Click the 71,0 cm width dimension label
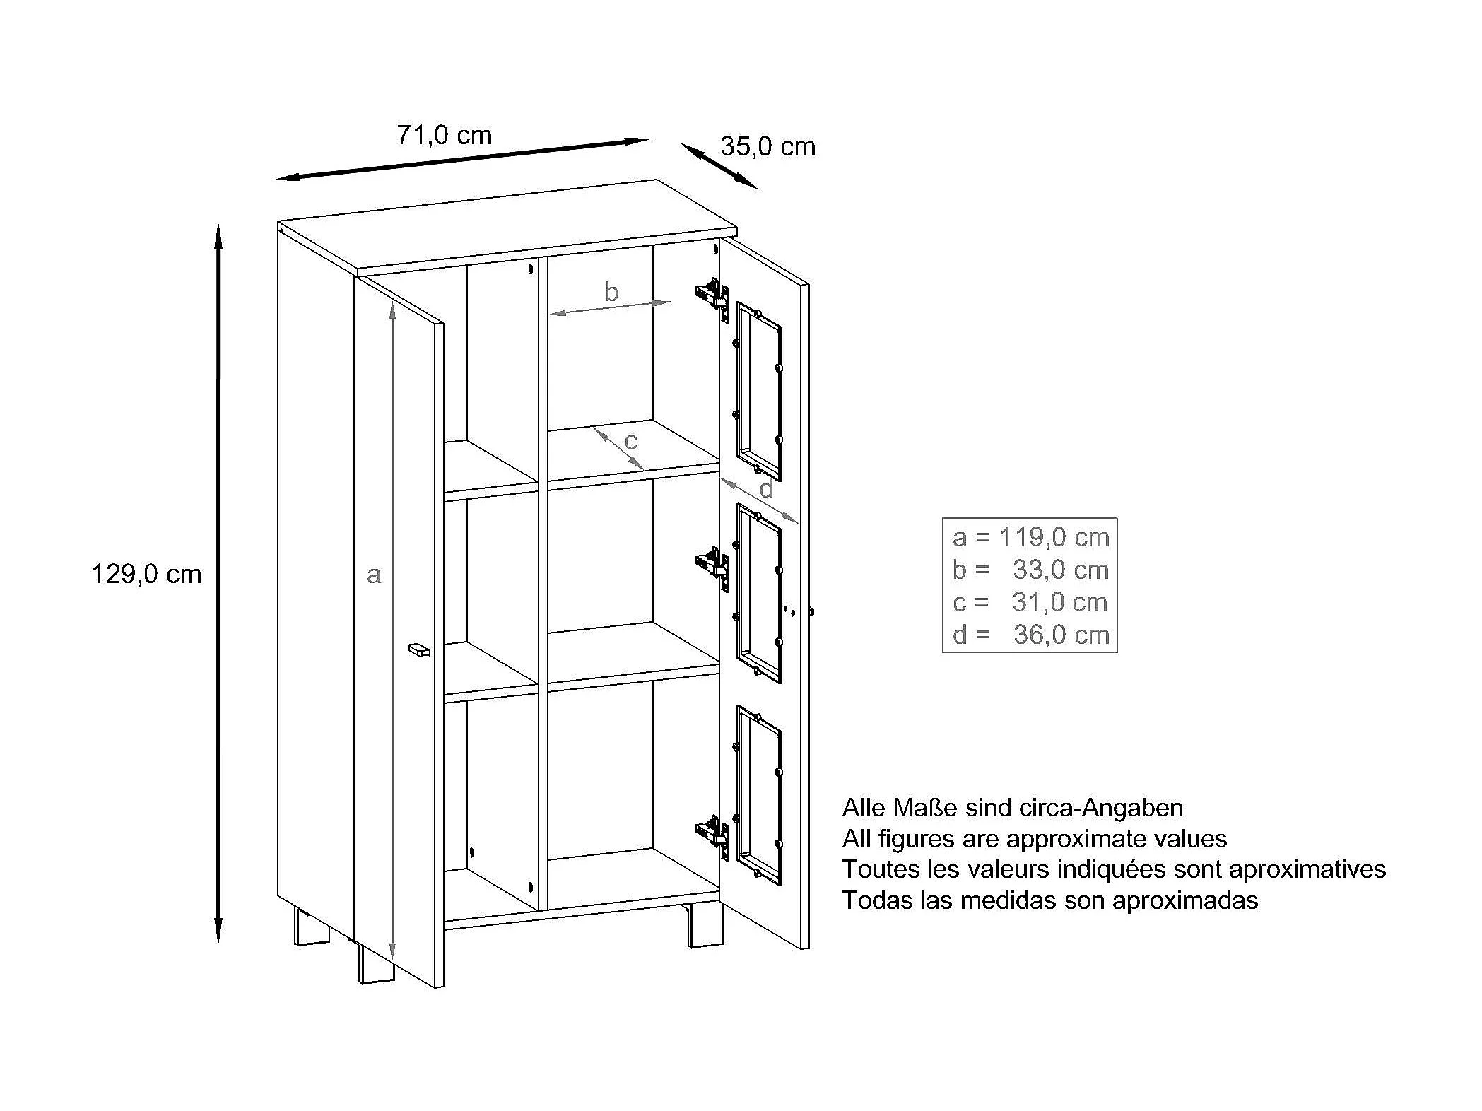[x=444, y=135]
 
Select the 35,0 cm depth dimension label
[x=768, y=147]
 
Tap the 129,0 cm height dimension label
[x=146, y=574]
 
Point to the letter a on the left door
[x=374, y=575]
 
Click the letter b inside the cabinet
[x=611, y=292]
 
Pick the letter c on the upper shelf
[x=630, y=442]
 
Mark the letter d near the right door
[x=766, y=488]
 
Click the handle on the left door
[x=419, y=649]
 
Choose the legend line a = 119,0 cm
[x=1030, y=538]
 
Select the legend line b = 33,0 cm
[x=1030, y=570]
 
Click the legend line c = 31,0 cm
[x=1030, y=602]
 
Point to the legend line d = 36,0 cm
[x=1030, y=635]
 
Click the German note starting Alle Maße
[x=1013, y=807]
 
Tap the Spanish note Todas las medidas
[x=1050, y=900]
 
